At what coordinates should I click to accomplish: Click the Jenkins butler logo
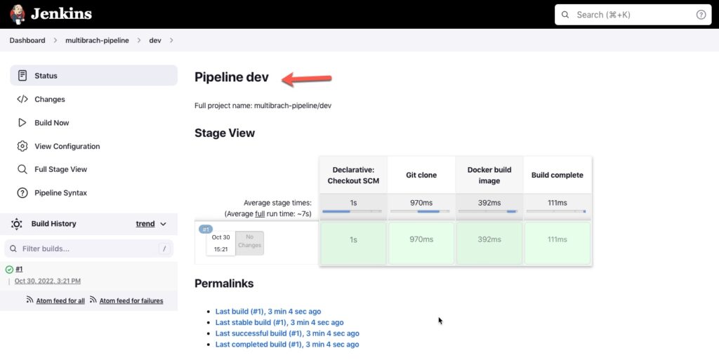click(x=18, y=14)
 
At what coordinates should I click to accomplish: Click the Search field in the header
click(x=633, y=15)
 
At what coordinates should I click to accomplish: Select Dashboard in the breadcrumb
click(x=27, y=40)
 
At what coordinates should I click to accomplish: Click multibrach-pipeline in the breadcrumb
click(x=97, y=40)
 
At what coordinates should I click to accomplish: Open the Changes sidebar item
click(x=50, y=100)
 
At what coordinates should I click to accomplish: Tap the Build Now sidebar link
click(x=52, y=123)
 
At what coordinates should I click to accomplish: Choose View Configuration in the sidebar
click(x=67, y=147)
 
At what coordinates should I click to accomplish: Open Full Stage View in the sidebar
click(x=60, y=169)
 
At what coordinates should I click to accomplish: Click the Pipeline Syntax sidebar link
click(x=60, y=193)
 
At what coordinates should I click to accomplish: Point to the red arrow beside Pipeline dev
click(x=306, y=79)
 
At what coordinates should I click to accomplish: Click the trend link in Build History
click(x=145, y=224)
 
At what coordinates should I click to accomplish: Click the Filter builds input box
click(x=89, y=248)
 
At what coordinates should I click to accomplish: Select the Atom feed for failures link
click(x=131, y=301)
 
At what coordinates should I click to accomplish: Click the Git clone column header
click(x=421, y=175)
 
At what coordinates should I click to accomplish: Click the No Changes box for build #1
click(x=249, y=242)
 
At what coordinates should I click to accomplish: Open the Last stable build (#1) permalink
click(x=279, y=322)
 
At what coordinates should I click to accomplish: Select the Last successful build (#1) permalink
click(x=287, y=333)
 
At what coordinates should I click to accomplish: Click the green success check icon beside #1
click(x=9, y=269)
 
